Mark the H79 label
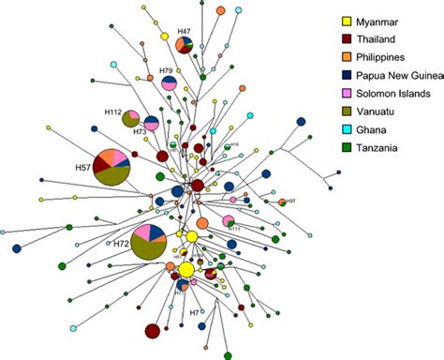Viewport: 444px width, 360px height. pyautogui.click(x=165, y=71)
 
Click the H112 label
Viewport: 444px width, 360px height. pyautogui.click(x=113, y=112)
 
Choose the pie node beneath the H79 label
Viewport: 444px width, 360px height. pyautogui.click(x=170, y=83)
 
